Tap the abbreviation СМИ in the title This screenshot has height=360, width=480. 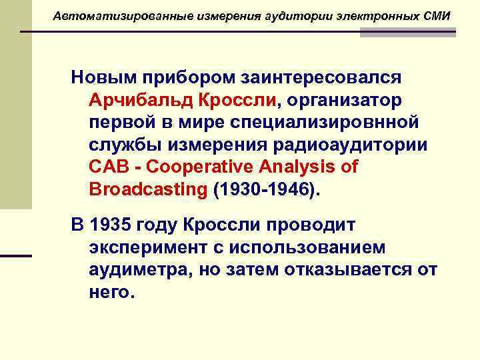click(437, 15)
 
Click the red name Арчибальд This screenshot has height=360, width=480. click(139, 100)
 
